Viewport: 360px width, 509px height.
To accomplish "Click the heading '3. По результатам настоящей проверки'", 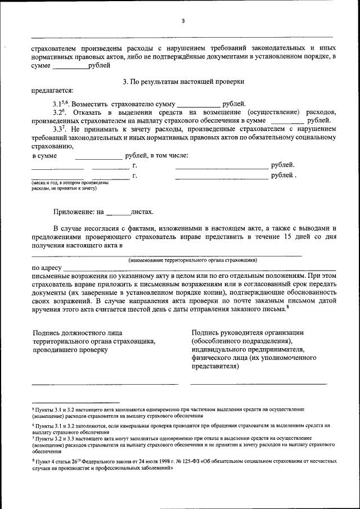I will click(183, 82).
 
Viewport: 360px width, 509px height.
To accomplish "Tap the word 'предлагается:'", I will click(52, 91).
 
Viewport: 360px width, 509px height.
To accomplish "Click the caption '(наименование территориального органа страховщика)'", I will click(192, 260).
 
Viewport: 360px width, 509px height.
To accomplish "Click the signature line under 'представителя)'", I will click(259, 384).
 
